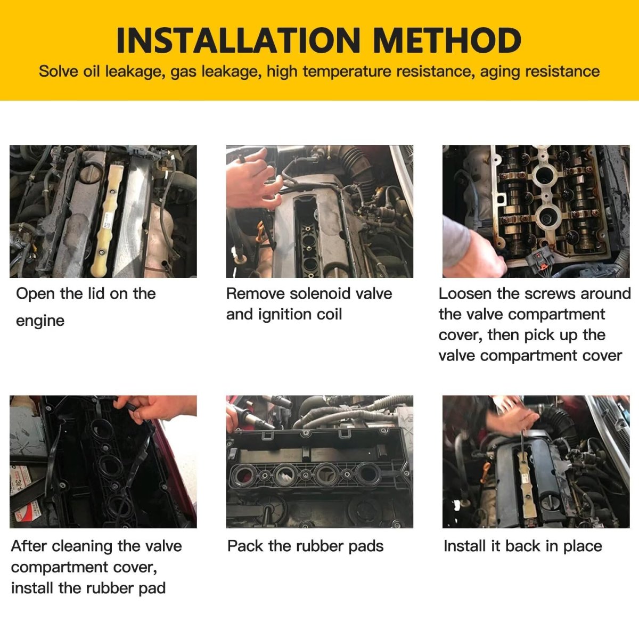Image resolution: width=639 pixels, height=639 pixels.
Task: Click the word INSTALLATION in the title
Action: point(238,40)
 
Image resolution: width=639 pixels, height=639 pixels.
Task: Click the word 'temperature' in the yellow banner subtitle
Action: point(347,72)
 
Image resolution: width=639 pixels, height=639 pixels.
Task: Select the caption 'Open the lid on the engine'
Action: point(86,307)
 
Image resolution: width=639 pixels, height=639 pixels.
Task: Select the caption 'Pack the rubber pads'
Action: point(306,546)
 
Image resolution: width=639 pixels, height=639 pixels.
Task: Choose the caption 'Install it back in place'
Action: point(523,546)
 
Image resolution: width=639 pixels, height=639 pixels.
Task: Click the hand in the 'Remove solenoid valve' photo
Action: point(253,181)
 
